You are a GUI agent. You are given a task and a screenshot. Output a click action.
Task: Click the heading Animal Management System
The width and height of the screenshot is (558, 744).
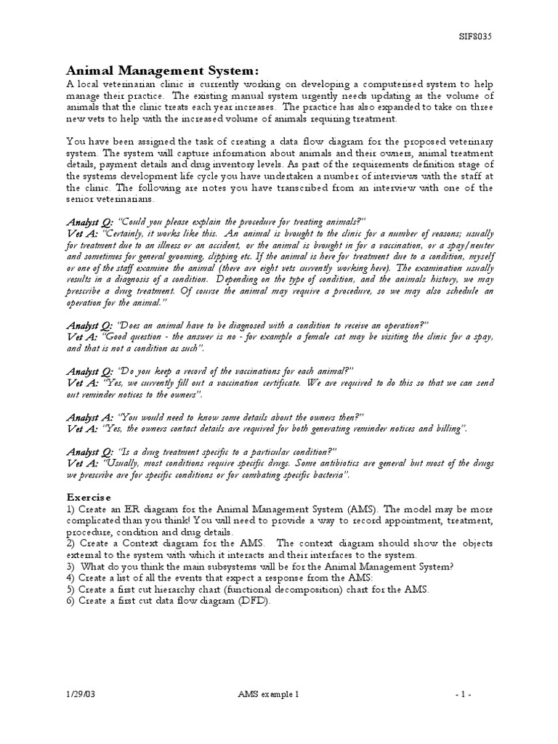click(x=162, y=70)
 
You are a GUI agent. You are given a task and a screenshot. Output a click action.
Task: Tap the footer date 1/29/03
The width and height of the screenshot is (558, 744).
click(x=79, y=694)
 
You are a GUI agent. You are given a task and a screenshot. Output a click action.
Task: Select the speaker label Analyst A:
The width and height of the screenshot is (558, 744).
click(x=90, y=418)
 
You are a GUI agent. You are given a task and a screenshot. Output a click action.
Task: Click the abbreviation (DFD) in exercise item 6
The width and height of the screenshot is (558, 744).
click(x=251, y=601)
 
